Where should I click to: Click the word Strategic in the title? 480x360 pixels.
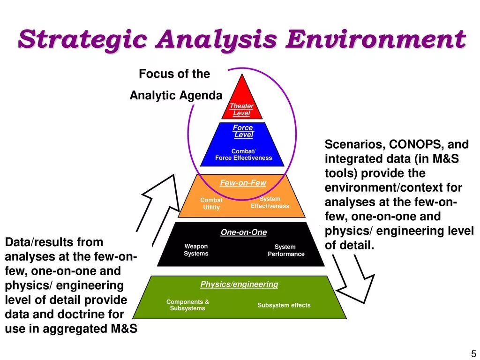82,39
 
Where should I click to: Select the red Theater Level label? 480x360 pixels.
241,110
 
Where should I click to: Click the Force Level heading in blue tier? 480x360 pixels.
243,131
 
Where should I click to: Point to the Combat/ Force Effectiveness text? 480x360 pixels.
243,155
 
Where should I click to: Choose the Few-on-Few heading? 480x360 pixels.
243,183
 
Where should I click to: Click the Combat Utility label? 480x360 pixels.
211,203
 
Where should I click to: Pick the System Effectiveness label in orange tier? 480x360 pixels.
270,202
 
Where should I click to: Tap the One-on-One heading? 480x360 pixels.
244,232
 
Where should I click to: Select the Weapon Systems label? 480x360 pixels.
196,250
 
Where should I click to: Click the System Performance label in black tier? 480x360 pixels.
286,250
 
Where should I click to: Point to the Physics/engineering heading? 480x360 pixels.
239,284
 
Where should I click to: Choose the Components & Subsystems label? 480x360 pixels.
187,305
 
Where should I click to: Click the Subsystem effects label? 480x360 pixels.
284,305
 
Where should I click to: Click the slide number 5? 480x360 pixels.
473,353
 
